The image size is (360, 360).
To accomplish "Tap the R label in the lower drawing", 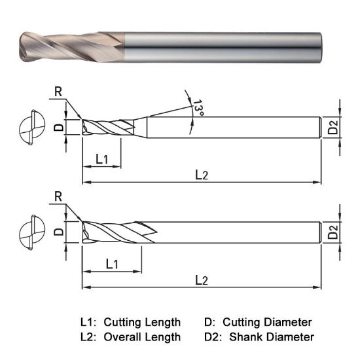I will click(58, 197).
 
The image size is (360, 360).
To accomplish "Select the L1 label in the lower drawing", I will click(111, 264).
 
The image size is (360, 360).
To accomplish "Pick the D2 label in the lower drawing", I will click(334, 232).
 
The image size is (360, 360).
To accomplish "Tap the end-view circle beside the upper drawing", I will click(31, 126).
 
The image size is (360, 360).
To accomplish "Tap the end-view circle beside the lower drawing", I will click(31, 232).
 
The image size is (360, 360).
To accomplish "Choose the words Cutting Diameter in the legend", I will click(267, 322).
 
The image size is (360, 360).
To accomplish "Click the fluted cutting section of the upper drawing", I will click(108, 126).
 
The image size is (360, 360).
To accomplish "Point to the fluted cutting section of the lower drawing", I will click(115, 232).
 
